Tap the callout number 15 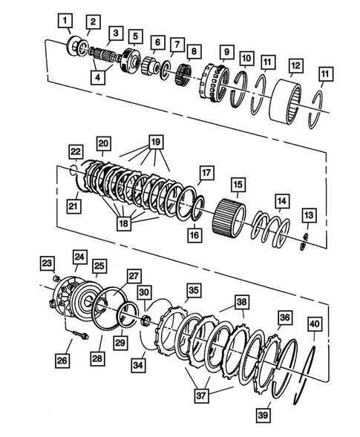(238, 183)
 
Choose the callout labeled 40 (314, 324)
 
